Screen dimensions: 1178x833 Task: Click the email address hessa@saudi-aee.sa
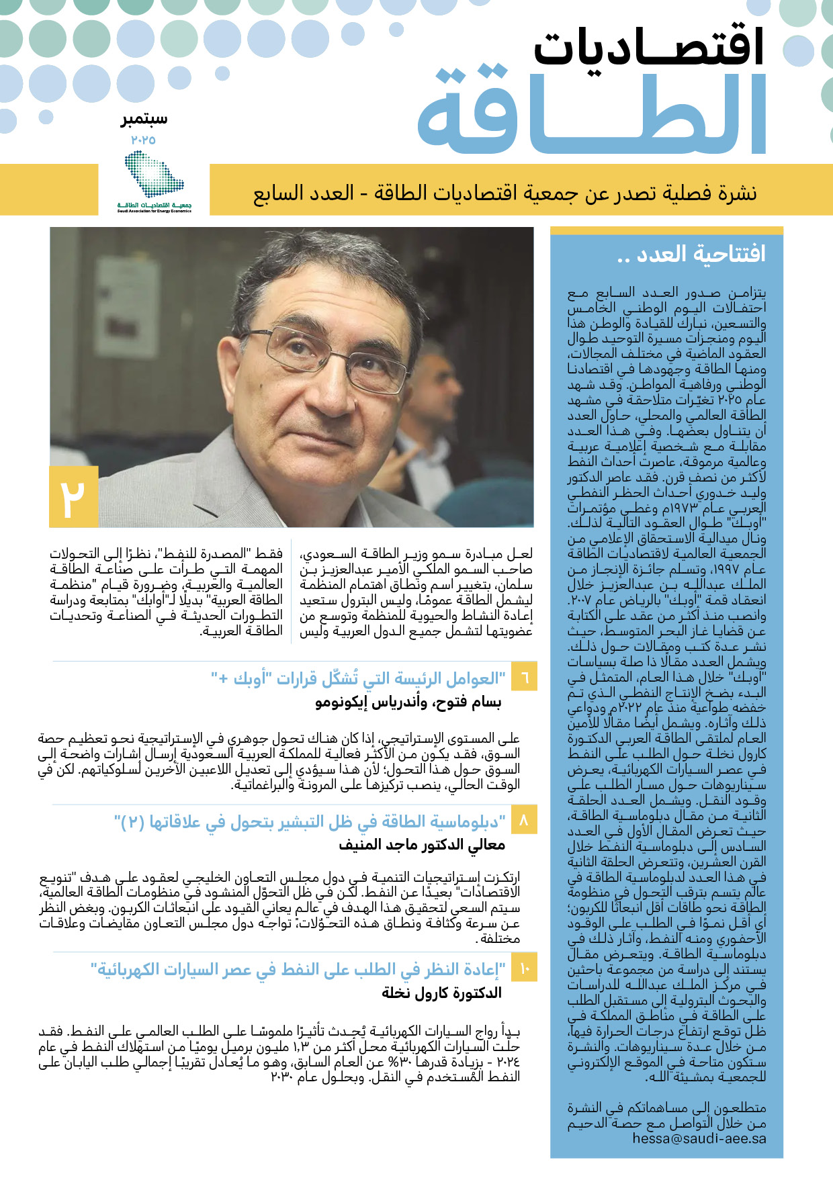[699, 1139]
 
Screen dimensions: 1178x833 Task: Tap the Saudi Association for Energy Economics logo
[154, 181]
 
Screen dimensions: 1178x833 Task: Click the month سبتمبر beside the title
[144, 120]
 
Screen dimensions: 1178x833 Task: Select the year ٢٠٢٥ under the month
[143, 140]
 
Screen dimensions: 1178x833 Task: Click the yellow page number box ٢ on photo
[74, 497]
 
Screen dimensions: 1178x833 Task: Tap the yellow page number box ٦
[525, 677]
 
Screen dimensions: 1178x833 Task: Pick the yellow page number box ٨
[525, 820]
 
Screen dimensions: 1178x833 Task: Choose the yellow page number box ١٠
[525, 968]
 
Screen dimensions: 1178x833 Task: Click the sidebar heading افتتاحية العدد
[691, 254]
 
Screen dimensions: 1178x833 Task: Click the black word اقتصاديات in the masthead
[649, 47]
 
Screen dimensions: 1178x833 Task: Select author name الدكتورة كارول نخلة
[441, 993]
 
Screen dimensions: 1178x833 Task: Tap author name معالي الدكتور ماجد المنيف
[421, 845]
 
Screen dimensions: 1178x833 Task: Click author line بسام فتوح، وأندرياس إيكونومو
[408, 703]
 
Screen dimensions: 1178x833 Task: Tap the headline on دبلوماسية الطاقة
[309, 821]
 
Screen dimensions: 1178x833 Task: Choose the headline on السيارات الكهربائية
[298, 969]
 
